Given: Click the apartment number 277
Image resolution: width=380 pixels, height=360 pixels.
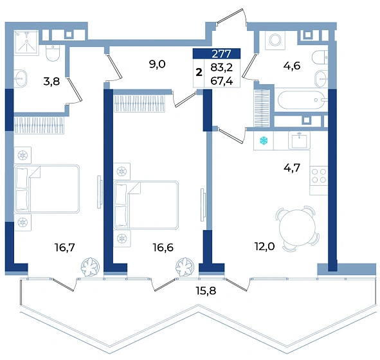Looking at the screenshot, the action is coord(221,53).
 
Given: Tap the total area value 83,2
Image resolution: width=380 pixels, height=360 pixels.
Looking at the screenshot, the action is coord(221,67).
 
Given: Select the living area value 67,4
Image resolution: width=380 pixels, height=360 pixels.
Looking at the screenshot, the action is coord(221,81).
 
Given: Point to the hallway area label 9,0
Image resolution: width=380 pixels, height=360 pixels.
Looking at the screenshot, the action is coord(157,64).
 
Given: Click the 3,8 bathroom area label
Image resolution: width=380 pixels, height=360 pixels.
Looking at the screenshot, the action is coord(51,82).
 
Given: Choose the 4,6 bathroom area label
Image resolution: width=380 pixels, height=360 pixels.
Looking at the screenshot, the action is coord(292,66).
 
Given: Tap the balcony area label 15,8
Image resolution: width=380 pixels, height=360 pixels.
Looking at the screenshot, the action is coord(206,291).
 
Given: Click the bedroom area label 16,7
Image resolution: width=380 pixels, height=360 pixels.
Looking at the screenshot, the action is coord(65,248).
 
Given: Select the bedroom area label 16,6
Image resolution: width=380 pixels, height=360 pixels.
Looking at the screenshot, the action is coord(163,248).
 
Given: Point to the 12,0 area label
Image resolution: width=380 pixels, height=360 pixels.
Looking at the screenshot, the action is coord(264,247).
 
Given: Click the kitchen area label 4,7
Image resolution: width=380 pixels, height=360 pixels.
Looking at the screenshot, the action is coord(292,167).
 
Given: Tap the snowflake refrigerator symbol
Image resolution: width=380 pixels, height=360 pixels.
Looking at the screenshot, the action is coord(264,141).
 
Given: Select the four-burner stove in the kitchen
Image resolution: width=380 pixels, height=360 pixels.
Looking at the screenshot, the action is coord(319,176).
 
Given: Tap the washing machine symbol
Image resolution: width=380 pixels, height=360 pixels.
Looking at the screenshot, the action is coord(275,40).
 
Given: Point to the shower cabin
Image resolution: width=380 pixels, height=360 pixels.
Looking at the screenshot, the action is coord(26,42).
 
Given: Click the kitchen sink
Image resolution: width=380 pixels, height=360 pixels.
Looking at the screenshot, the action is coord(299,140).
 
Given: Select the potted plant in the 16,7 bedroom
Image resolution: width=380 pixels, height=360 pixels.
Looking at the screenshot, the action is coord(90,267).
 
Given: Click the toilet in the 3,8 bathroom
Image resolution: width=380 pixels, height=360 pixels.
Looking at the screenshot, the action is coord(53,53).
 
